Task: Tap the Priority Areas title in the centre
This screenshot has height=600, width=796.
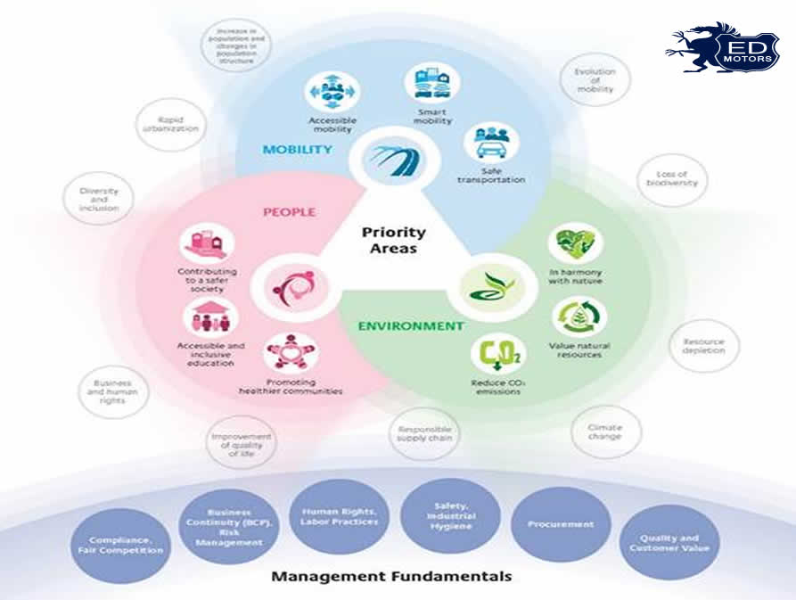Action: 393,241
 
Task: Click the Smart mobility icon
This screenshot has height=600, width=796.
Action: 431,84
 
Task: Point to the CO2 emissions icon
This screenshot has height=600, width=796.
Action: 498,354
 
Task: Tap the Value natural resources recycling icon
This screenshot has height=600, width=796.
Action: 579,317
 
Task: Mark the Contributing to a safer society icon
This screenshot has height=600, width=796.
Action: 207,244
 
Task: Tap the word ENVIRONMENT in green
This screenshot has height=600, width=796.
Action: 411,326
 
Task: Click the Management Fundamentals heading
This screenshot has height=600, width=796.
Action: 391,576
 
